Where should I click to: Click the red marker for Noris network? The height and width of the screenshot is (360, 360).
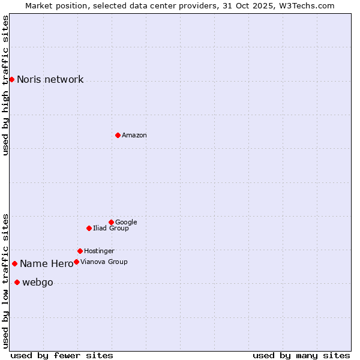coord(11,80)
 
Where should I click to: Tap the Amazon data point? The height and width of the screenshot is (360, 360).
coord(118,135)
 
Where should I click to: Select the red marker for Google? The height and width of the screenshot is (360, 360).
coord(111,222)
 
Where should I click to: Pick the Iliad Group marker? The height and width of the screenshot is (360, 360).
coord(89,228)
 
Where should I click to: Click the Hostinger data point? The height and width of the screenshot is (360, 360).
coord(80,251)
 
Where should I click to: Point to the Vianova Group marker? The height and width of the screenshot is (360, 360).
coord(76,262)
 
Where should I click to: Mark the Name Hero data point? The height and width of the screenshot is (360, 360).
coord(14,263)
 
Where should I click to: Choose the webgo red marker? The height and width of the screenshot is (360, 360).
coord(17,283)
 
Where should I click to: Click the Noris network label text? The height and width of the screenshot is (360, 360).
coord(50,80)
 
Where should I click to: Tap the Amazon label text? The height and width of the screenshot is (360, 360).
coord(134,135)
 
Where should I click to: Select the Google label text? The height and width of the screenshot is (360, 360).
coord(126,222)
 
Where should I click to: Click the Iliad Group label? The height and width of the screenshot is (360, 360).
coord(110,228)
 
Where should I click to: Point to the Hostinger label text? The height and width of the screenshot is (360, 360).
coord(99,251)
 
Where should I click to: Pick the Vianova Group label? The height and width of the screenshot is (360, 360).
coord(104,262)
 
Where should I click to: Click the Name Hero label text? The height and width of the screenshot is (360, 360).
coord(46,263)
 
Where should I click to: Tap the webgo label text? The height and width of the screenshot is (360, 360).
coord(37,283)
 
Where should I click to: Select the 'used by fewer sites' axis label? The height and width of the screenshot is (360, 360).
coord(62,355)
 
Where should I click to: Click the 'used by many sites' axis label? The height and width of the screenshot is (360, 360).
coord(301,355)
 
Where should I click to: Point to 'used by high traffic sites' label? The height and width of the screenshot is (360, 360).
coord(5,85)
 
